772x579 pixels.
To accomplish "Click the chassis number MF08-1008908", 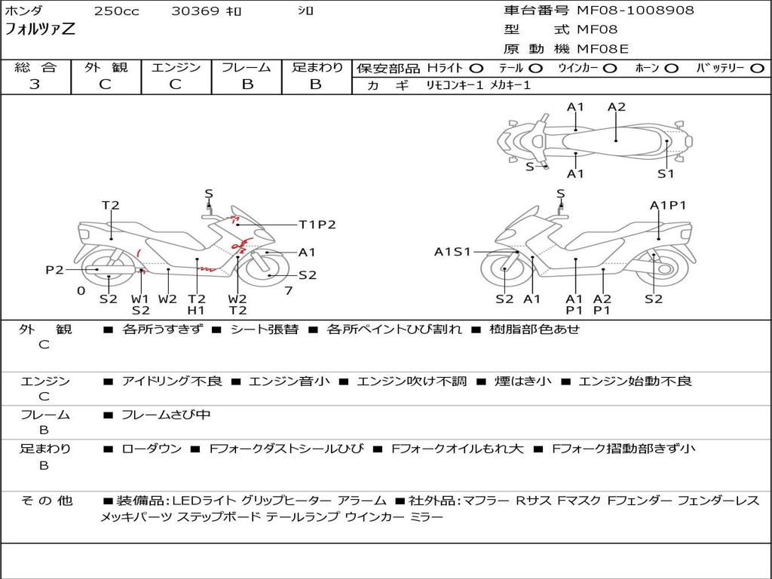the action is pos(635,10).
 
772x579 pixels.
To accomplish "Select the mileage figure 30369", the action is pos(195,11).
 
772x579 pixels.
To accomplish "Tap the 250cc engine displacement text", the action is pos(117,11).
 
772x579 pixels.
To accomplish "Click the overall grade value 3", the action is pos(35,84).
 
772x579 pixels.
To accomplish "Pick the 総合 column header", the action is pos(35,67).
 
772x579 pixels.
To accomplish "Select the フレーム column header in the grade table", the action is pos(247,67).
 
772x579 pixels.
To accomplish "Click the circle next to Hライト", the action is pos(476,69).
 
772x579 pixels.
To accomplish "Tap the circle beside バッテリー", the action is pos(757,69).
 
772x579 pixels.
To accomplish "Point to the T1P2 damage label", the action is pos(317,225).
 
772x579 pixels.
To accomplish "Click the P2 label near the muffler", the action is pos(54,270).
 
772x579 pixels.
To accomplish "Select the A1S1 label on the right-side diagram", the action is pos(452,252).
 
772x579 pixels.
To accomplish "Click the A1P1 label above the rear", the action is pos(668,205).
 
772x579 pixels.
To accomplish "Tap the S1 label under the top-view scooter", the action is pos(666,174).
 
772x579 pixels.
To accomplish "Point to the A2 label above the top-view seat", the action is pos(617,107).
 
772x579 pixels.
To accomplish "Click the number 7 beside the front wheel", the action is pos(289,291).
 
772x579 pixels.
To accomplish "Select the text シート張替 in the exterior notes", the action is pos(265,329).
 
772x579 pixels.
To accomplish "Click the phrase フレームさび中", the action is pos(166,415).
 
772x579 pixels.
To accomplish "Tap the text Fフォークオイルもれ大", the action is pos(457,449).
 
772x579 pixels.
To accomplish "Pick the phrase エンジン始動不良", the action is pos(635,381).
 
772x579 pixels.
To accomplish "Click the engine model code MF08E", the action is pos(603,49).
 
